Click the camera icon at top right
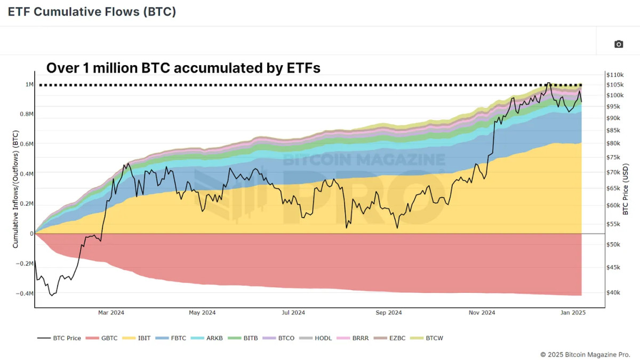tap(619, 44)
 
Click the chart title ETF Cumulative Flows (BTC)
tap(92, 12)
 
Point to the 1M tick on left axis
tap(29, 85)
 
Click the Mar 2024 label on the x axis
tap(111, 313)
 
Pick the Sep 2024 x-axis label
tap(388, 313)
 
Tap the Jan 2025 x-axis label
tap(574, 313)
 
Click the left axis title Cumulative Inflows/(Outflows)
tap(15, 189)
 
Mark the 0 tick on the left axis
tap(31, 234)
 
